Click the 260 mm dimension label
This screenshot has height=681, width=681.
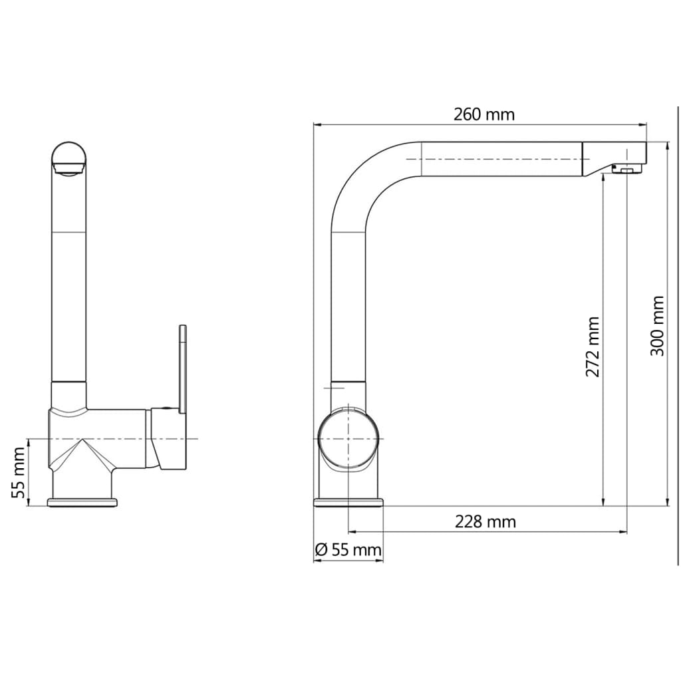click(484, 114)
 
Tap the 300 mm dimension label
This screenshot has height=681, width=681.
click(657, 326)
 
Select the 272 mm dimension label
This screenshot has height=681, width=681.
click(593, 346)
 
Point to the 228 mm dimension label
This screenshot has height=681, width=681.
click(485, 522)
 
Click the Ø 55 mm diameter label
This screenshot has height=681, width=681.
click(347, 550)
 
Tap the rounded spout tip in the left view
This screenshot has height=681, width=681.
click(68, 157)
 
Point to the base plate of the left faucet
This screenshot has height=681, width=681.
click(82, 501)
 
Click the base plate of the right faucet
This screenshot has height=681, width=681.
click(348, 501)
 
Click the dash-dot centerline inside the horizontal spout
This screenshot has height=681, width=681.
click(499, 160)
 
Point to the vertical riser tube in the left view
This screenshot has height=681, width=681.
click(69, 279)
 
